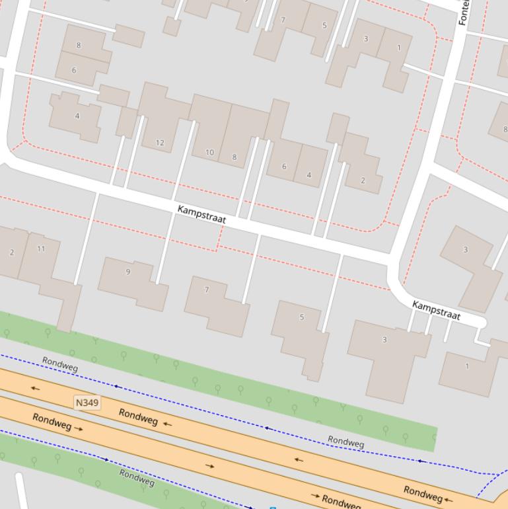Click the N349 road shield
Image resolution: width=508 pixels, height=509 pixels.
(87, 402)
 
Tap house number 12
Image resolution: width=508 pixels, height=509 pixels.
(160, 143)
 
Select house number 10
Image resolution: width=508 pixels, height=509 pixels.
(209, 152)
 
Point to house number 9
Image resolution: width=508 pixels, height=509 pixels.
(128, 272)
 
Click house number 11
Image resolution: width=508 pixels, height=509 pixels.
(42, 249)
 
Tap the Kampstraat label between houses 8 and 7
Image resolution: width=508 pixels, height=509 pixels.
(201, 214)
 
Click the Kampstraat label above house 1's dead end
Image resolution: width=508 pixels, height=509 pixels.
(436, 310)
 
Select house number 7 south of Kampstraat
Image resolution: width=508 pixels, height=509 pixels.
(207, 290)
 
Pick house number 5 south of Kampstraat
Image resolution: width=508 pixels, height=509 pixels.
(302, 317)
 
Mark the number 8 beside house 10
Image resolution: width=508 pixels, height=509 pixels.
(235, 157)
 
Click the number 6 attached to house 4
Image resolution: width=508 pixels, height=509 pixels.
(284, 167)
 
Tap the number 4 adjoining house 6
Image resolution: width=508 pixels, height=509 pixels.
(308, 175)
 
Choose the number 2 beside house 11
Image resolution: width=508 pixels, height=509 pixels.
(12, 253)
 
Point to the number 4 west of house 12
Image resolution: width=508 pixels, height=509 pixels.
(77, 116)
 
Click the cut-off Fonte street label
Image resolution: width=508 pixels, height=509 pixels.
(463, 12)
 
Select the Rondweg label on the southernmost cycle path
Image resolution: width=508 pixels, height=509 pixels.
(137, 477)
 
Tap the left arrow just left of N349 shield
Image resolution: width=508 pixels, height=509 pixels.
(35, 389)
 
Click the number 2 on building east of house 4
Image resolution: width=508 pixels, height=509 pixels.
(363, 180)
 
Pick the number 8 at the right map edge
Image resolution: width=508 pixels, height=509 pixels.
(505, 130)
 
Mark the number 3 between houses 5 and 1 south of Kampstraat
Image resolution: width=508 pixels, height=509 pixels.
(384, 340)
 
